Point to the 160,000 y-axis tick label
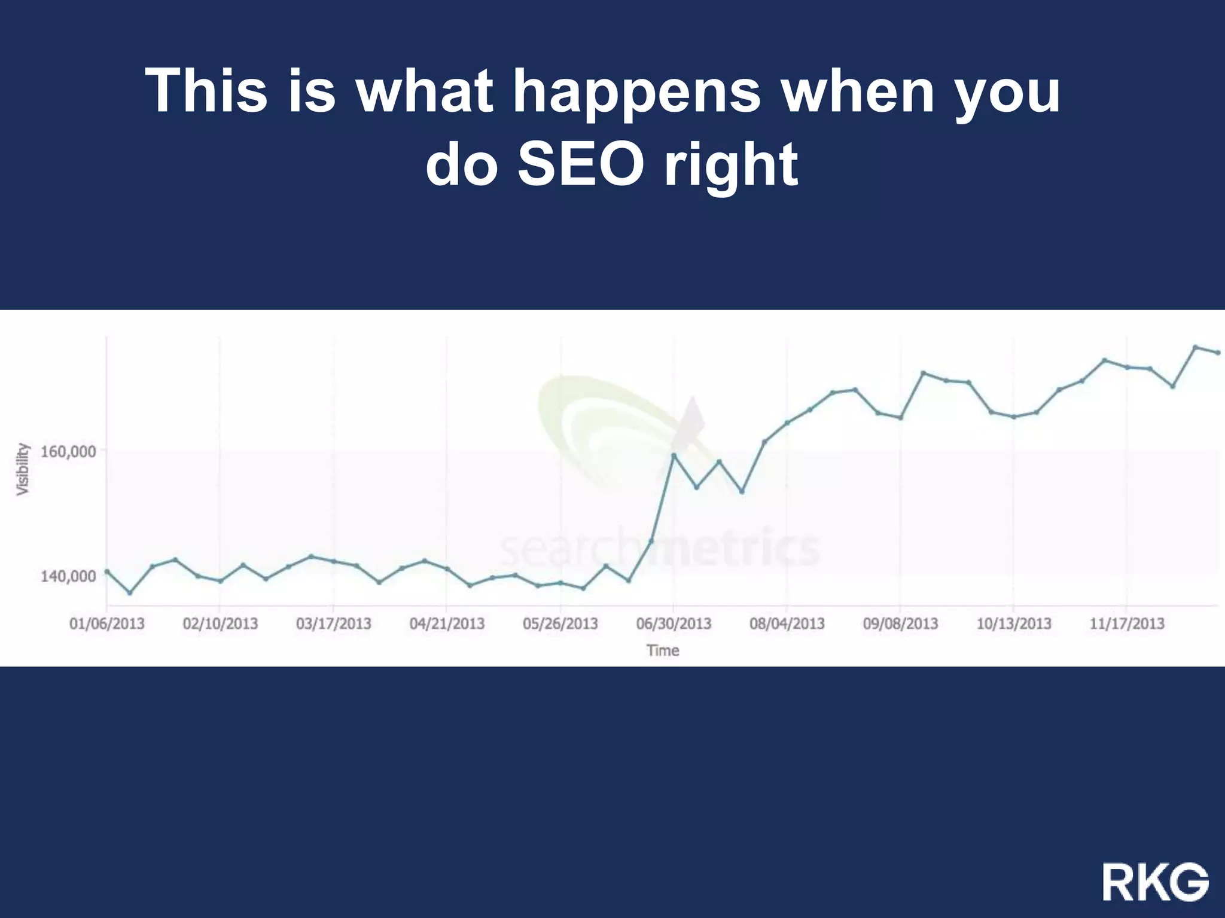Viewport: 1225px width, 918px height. [68, 451]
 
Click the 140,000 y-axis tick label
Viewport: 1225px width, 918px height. [68, 576]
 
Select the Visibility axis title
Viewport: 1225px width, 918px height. [23, 469]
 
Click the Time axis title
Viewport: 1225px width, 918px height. [662, 650]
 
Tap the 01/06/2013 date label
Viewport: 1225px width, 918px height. [107, 624]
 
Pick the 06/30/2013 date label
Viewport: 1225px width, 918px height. [674, 624]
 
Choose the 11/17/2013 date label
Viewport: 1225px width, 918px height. [1127, 624]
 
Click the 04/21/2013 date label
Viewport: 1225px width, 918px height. [447, 624]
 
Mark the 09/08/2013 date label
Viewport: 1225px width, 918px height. [900, 624]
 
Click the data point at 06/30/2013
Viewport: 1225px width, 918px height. [674, 455]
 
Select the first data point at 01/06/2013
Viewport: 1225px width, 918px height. [107, 571]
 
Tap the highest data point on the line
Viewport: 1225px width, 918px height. [1195, 347]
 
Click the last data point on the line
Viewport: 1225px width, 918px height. [1218, 353]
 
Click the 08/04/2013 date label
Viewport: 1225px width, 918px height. [787, 624]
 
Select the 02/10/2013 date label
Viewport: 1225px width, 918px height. [220, 624]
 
